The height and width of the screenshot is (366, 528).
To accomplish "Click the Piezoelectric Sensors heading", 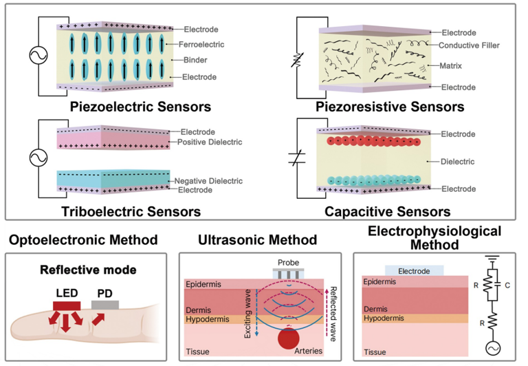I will tap(140, 107).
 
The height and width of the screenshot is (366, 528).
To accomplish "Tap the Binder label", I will tap(195, 60).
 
